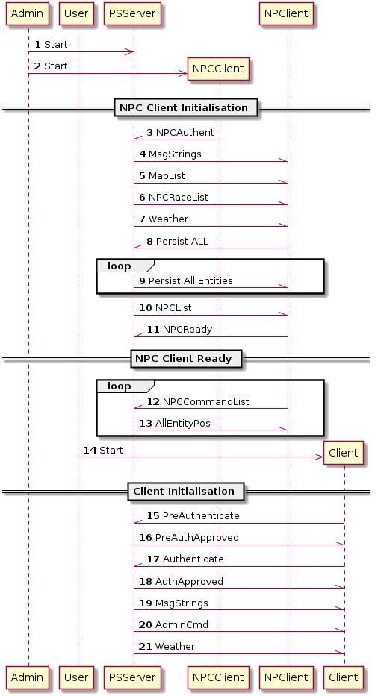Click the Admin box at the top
[27, 13]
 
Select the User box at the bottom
[76, 677]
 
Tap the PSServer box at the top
[132, 13]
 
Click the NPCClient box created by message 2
[218, 69]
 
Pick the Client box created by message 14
[344, 453]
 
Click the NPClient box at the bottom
[286, 677]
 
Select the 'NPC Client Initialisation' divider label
[184, 108]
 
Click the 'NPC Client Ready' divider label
[184, 359]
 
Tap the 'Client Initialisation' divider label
[184, 492]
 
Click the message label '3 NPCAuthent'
[180, 132]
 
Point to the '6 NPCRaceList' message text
[173, 198]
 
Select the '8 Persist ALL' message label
[178, 242]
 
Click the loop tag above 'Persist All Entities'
[120, 266]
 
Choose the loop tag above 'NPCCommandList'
[120, 386]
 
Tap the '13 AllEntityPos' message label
[175, 424]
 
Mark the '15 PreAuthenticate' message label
[193, 515]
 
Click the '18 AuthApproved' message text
[181, 581]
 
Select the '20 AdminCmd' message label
[173, 625]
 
